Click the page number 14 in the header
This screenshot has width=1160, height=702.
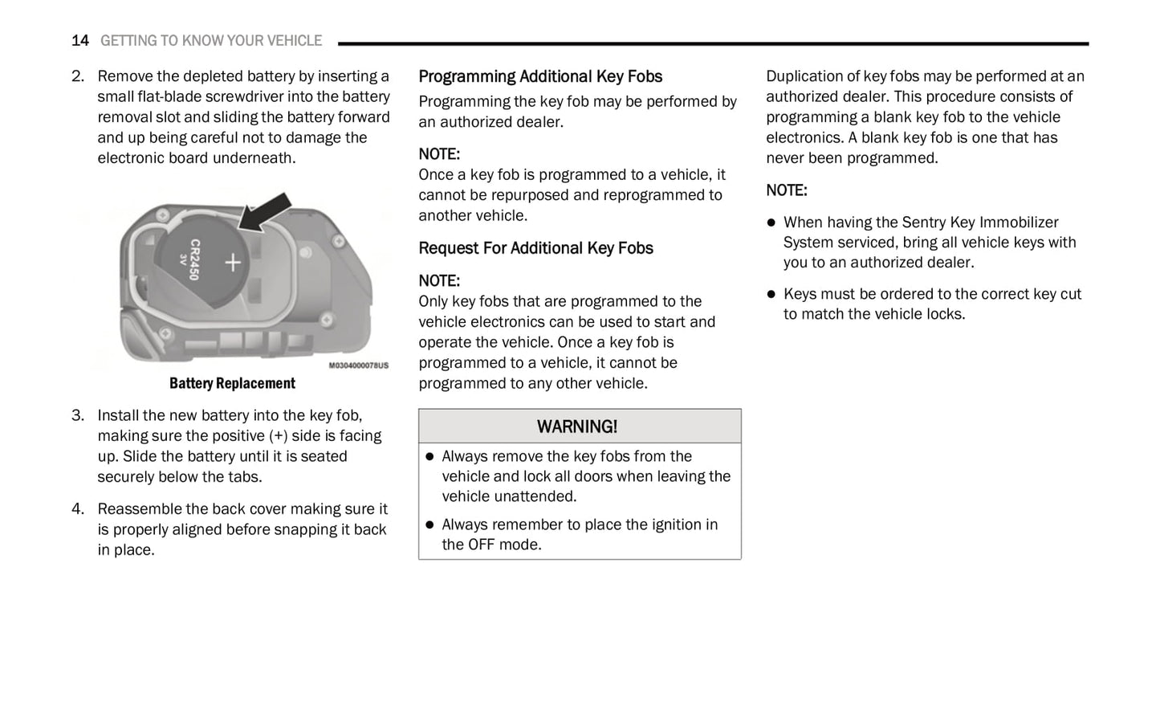coord(79,41)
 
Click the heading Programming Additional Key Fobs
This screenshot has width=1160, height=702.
coord(540,77)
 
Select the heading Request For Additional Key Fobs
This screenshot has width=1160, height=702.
coord(535,248)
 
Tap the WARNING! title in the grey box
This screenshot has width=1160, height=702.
coord(577,427)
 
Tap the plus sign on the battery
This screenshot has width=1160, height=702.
coord(232,262)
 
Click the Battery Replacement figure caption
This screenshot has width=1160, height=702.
coord(232,384)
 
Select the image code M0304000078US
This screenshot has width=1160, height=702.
coord(358,365)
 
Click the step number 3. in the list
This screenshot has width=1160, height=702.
coord(77,415)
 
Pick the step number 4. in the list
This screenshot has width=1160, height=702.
coord(77,509)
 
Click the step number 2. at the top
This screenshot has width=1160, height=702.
coord(77,76)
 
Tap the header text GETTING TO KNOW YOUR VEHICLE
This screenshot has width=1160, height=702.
coord(211,41)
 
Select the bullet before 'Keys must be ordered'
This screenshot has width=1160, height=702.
coord(771,295)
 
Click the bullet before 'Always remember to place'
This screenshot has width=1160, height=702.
coord(429,525)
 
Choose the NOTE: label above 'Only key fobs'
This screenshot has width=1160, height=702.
coord(439,281)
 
